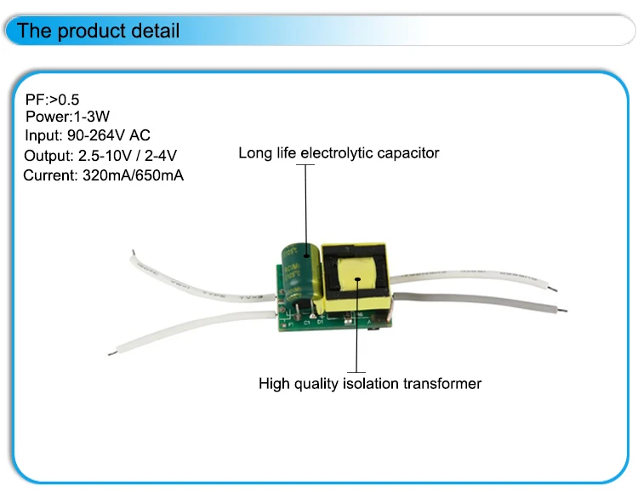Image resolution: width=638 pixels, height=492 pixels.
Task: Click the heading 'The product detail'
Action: pos(99,31)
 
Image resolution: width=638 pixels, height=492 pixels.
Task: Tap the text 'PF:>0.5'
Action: pos(53,100)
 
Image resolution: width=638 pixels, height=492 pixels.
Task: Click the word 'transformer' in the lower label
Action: pos(445,384)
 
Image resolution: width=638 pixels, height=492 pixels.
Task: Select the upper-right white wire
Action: pos(476,275)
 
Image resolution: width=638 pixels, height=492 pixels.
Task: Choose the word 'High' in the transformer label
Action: pos(274,384)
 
